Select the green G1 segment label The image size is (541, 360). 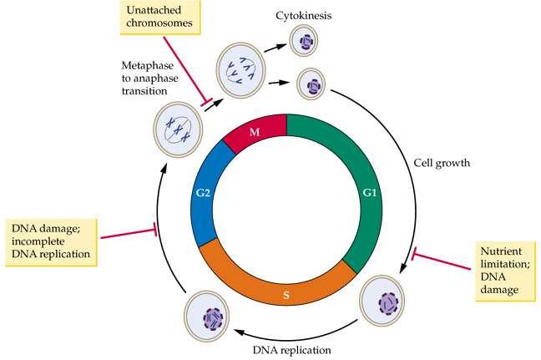pos(369,193)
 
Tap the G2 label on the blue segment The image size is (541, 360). pos(203,193)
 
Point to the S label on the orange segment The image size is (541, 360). pos(286,295)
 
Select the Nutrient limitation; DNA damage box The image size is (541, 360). pos(505,271)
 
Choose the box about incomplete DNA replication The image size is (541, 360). pos(51,241)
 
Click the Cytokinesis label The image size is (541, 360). pos(303,16)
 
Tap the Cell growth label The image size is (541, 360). pos(442,162)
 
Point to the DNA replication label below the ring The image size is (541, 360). pos(292,350)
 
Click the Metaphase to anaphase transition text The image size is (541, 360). pos(149,78)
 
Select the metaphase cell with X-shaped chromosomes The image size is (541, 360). pos(178,129)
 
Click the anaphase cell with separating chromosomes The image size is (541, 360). pos(241,70)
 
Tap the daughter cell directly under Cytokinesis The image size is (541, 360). pos(303,41)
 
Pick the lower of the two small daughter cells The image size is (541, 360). pos(311,84)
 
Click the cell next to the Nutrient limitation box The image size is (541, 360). pos(382,301)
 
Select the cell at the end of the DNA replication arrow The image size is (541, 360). pos(207,317)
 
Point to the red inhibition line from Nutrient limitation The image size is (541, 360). pos(442,261)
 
